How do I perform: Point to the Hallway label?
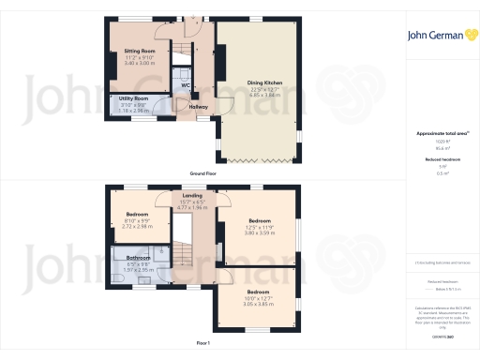point(198,106)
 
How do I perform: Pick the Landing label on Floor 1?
point(192,195)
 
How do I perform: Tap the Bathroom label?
point(139,257)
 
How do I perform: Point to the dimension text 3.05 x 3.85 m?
point(250,305)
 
